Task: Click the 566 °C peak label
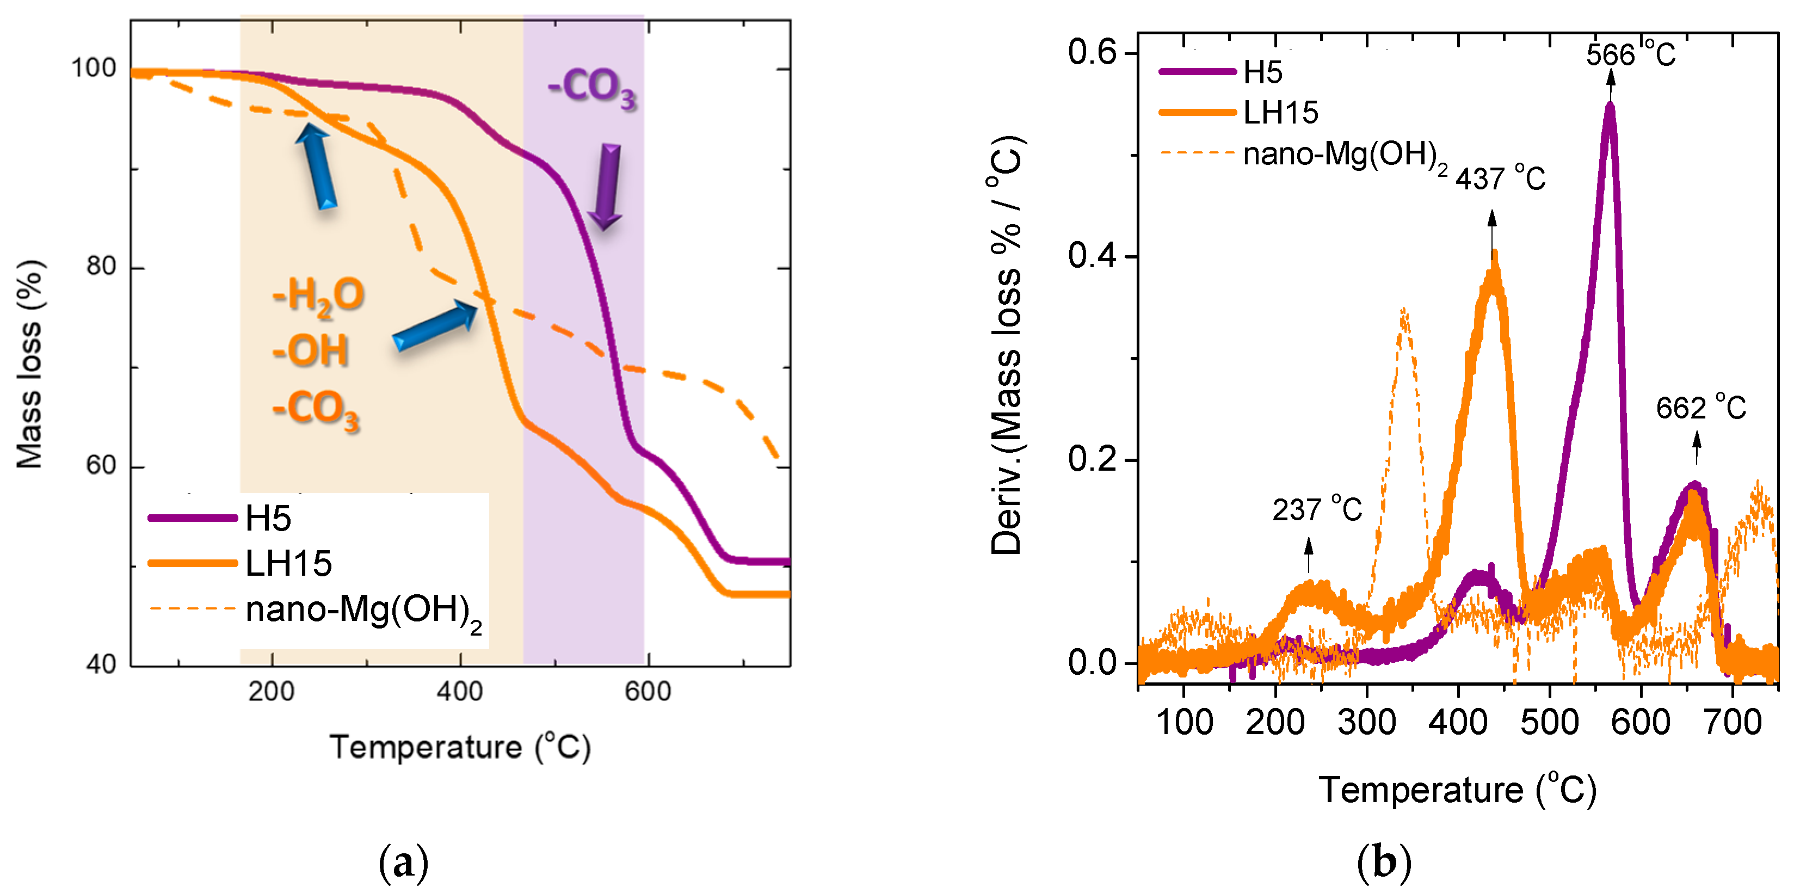click(x=1630, y=54)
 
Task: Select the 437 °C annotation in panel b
click(x=1500, y=178)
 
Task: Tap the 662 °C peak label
click(x=1700, y=408)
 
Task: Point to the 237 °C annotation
click(x=1316, y=510)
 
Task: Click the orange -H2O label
click(x=318, y=295)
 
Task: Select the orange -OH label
click(x=310, y=350)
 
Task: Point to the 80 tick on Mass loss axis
click(x=101, y=267)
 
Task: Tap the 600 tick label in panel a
click(x=648, y=692)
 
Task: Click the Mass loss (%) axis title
click(x=29, y=364)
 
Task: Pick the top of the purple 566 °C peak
click(x=1610, y=106)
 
